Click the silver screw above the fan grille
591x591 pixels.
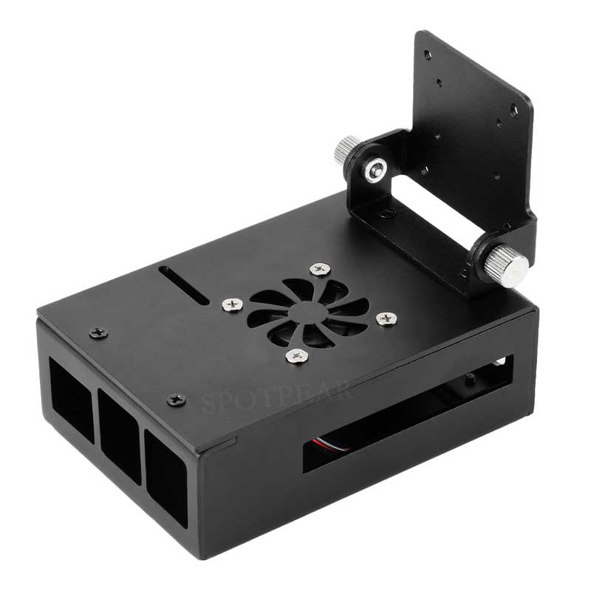pyautogui.click(x=320, y=269)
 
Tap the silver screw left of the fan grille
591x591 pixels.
pyautogui.click(x=231, y=303)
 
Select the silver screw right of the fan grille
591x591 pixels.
pyautogui.click(x=386, y=318)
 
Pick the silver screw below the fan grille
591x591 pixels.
pyautogui.click(x=297, y=356)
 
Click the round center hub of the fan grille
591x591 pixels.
pyautogui.click(x=307, y=312)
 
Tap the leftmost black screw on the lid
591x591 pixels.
pyautogui.click(x=98, y=333)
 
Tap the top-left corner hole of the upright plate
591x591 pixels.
pyautogui.click(x=427, y=53)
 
